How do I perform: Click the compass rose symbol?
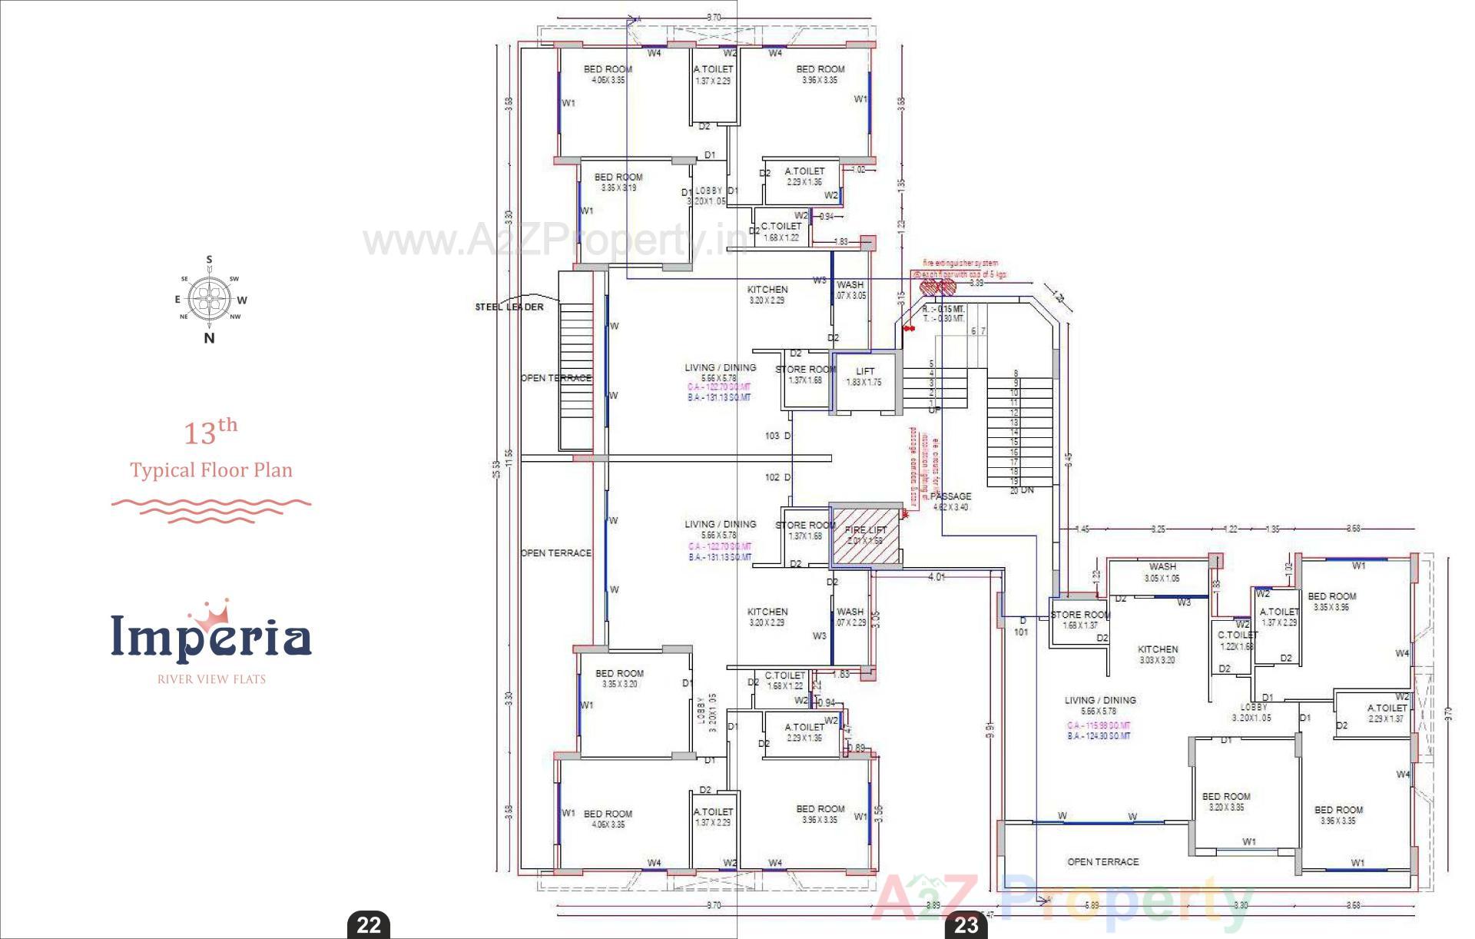coord(209,300)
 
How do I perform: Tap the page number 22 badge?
coord(369,924)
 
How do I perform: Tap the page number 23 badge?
coord(966,924)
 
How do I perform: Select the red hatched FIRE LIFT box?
coord(865,536)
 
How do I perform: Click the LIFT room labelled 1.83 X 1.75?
coord(864,377)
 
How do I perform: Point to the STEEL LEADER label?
coord(509,307)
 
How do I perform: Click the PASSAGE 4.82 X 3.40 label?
coord(950,501)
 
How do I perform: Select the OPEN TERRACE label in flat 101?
coord(1102,861)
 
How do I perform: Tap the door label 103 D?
coord(778,436)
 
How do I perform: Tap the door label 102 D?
coord(778,477)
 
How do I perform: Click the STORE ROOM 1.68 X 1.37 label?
coord(1079,619)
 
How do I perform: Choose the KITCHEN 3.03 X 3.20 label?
coord(1158,654)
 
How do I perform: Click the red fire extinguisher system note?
coord(960,268)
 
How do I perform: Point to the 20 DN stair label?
coord(1022,490)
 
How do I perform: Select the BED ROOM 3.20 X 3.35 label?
coord(1226,801)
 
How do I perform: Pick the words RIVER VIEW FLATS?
coord(211,679)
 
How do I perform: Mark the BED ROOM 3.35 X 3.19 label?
coord(618,181)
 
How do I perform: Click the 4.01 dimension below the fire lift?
coord(936,576)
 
